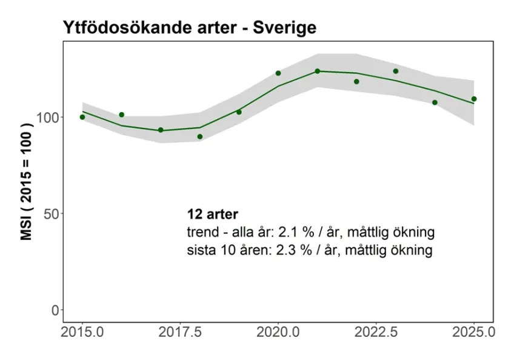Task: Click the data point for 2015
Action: (x=82, y=117)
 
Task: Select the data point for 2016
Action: (x=122, y=115)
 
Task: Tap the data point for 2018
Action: (x=200, y=136)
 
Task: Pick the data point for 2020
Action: (x=278, y=73)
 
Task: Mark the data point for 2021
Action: (x=317, y=71)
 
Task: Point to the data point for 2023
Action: (x=396, y=71)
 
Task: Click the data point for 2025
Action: (x=474, y=99)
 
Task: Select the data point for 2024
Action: (x=435, y=102)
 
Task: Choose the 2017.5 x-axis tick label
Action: (x=180, y=332)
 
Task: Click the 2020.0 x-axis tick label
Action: (x=278, y=332)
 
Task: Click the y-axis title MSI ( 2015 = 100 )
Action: (x=27, y=181)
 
